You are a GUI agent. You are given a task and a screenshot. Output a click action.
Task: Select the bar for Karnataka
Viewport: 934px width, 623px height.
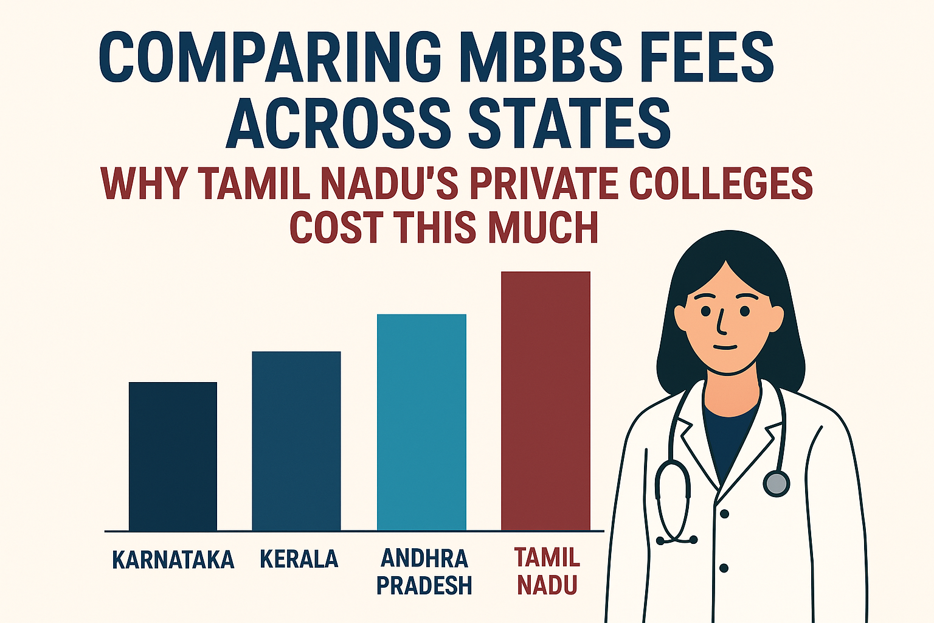coord(173,456)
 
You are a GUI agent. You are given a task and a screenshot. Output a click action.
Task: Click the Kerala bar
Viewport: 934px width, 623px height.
coord(296,441)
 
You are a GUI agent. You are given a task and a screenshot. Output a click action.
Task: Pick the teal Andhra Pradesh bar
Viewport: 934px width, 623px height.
coord(421,422)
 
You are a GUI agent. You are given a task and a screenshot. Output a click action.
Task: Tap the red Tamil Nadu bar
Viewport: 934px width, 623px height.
coord(545,401)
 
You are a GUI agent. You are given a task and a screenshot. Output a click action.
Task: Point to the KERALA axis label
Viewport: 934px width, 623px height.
coord(299,559)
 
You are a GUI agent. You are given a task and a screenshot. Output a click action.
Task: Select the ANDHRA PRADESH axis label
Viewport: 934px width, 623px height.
coord(424,572)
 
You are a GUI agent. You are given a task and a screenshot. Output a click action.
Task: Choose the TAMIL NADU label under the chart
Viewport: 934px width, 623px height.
coord(547,571)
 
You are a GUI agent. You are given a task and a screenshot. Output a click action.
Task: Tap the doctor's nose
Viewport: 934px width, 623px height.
coord(721,322)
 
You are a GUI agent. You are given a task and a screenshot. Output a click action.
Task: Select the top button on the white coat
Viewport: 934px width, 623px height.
coord(724,514)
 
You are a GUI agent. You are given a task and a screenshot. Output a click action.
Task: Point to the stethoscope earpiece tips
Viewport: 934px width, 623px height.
coord(677,539)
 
